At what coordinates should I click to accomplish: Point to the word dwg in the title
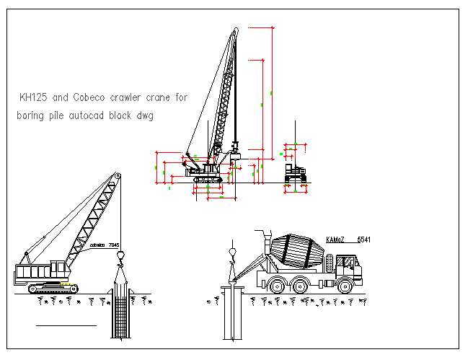tap(145, 115)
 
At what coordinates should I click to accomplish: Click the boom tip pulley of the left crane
tap(116, 175)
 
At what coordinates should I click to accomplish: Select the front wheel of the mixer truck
tap(347, 285)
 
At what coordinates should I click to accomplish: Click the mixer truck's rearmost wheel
tap(275, 285)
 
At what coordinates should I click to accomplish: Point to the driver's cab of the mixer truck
tap(348, 267)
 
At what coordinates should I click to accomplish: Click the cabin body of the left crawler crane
tap(40, 273)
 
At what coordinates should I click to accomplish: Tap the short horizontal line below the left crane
tap(66, 326)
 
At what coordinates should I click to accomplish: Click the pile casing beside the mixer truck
tap(231, 310)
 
